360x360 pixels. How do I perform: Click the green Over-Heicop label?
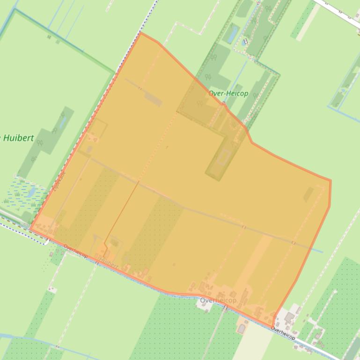[228, 94]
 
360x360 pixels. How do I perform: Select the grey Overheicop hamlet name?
[218, 300]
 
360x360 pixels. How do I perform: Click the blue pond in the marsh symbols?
[31, 191]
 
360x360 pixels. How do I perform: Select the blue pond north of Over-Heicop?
[231, 34]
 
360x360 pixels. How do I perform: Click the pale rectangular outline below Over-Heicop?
[223, 157]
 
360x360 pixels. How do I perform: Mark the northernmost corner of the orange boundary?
[140, 33]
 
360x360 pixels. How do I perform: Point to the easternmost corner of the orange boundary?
[331, 181]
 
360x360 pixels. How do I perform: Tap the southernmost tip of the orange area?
[273, 327]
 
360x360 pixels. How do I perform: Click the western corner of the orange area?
[30, 229]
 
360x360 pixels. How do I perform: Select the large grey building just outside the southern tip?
[289, 318]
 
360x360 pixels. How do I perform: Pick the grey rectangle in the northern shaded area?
[153, 99]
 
